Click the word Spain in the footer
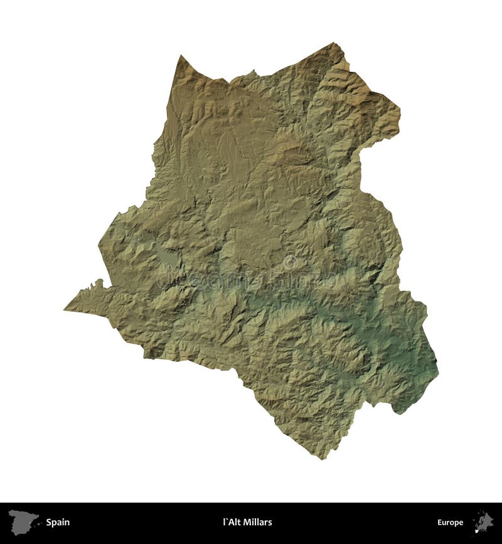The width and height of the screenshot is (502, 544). [x=57, y=522]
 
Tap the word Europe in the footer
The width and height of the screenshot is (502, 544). [x=450, y=522]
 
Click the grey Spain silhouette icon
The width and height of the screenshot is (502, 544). [x=24, y=521]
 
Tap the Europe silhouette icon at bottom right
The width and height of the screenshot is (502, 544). [x=483, y=521]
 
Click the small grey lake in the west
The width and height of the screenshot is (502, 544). [x=166, y=257]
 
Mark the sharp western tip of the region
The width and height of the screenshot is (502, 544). [x=65, y=309]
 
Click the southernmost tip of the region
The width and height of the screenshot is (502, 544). [x=324, y=459]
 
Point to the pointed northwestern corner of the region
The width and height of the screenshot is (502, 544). [x=181, y=56]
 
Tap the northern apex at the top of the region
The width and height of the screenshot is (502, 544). [x=333, y=43]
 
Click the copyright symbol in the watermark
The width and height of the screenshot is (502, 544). [x=290, y=262]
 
